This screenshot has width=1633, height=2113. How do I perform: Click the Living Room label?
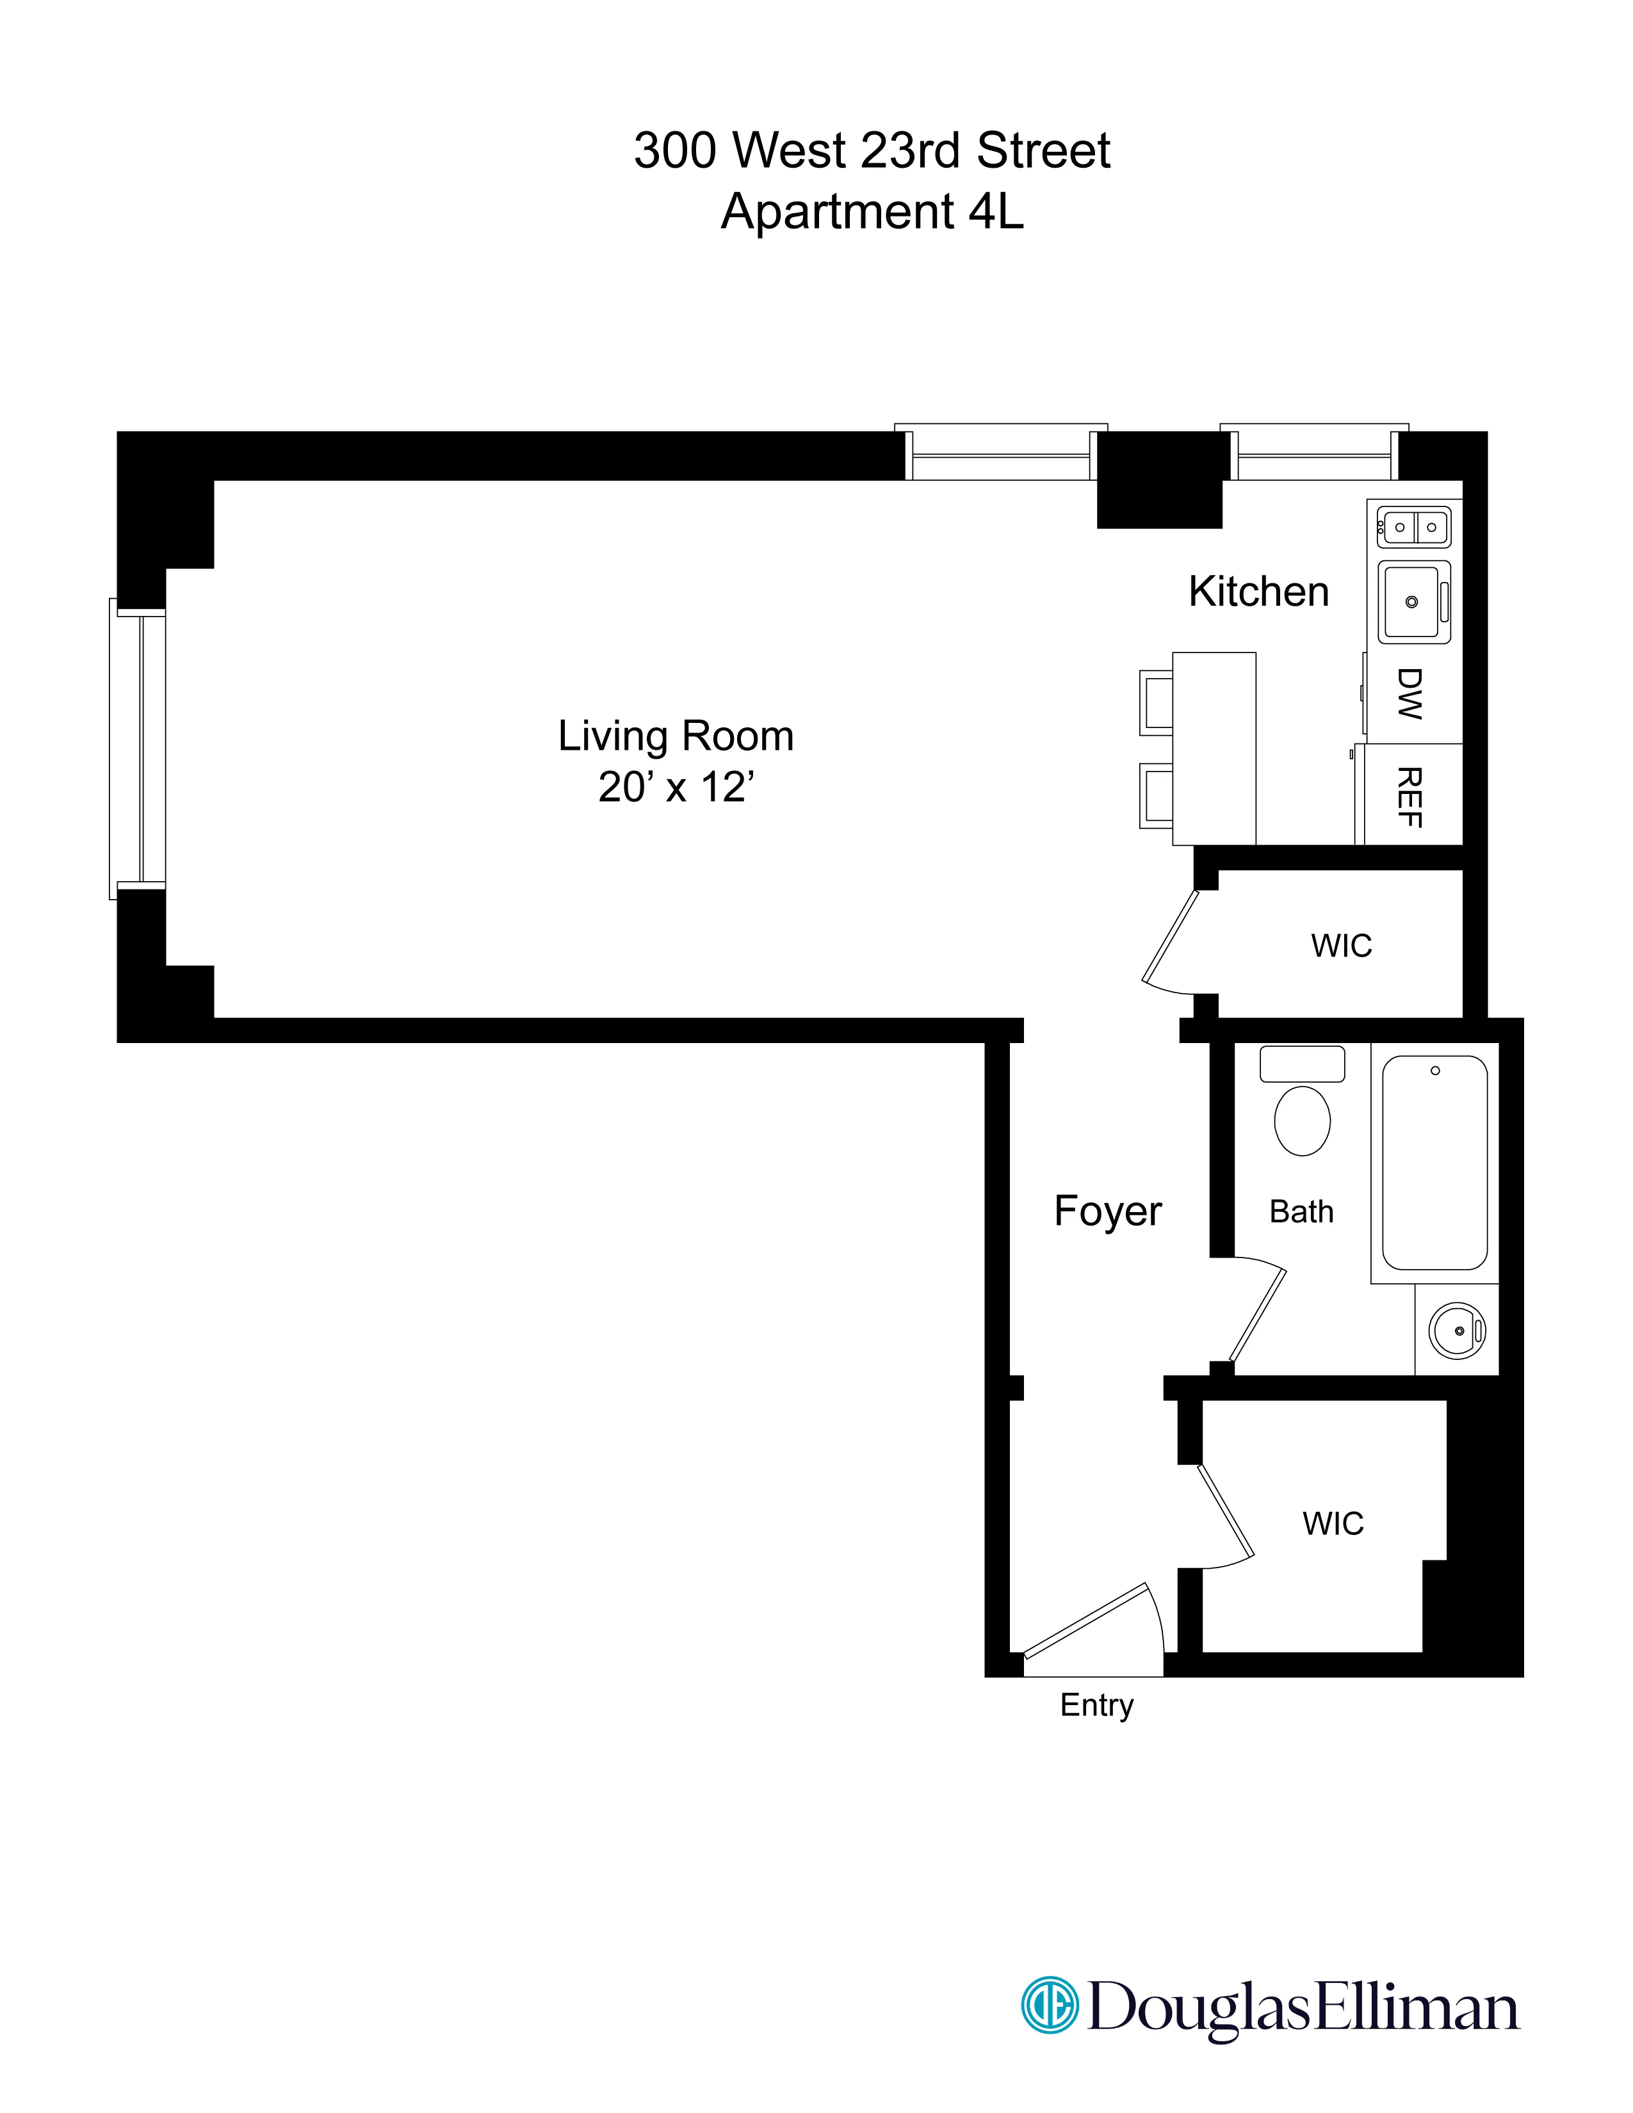tap(675, 736)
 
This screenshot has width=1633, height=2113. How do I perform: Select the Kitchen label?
tap(1258, 591)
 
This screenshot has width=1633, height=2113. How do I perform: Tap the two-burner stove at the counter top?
tap(1415, 527)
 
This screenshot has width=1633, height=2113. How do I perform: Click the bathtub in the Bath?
tap(1434, 1163)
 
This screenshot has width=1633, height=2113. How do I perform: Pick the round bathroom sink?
tap(1456, 1331)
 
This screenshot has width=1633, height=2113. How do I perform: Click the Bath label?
tap(1301, 1211)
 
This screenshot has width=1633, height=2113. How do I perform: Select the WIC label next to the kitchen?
tap(1341, 945)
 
